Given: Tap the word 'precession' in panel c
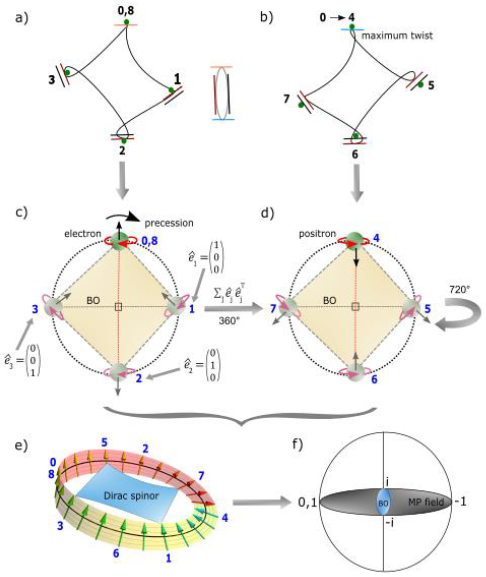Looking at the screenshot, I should [x=169, y=223].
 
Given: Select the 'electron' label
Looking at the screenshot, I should [x=83, y=234].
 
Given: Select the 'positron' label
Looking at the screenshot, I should [x=317, y=234].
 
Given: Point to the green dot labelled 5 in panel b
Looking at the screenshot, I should [x=420, y=85].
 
